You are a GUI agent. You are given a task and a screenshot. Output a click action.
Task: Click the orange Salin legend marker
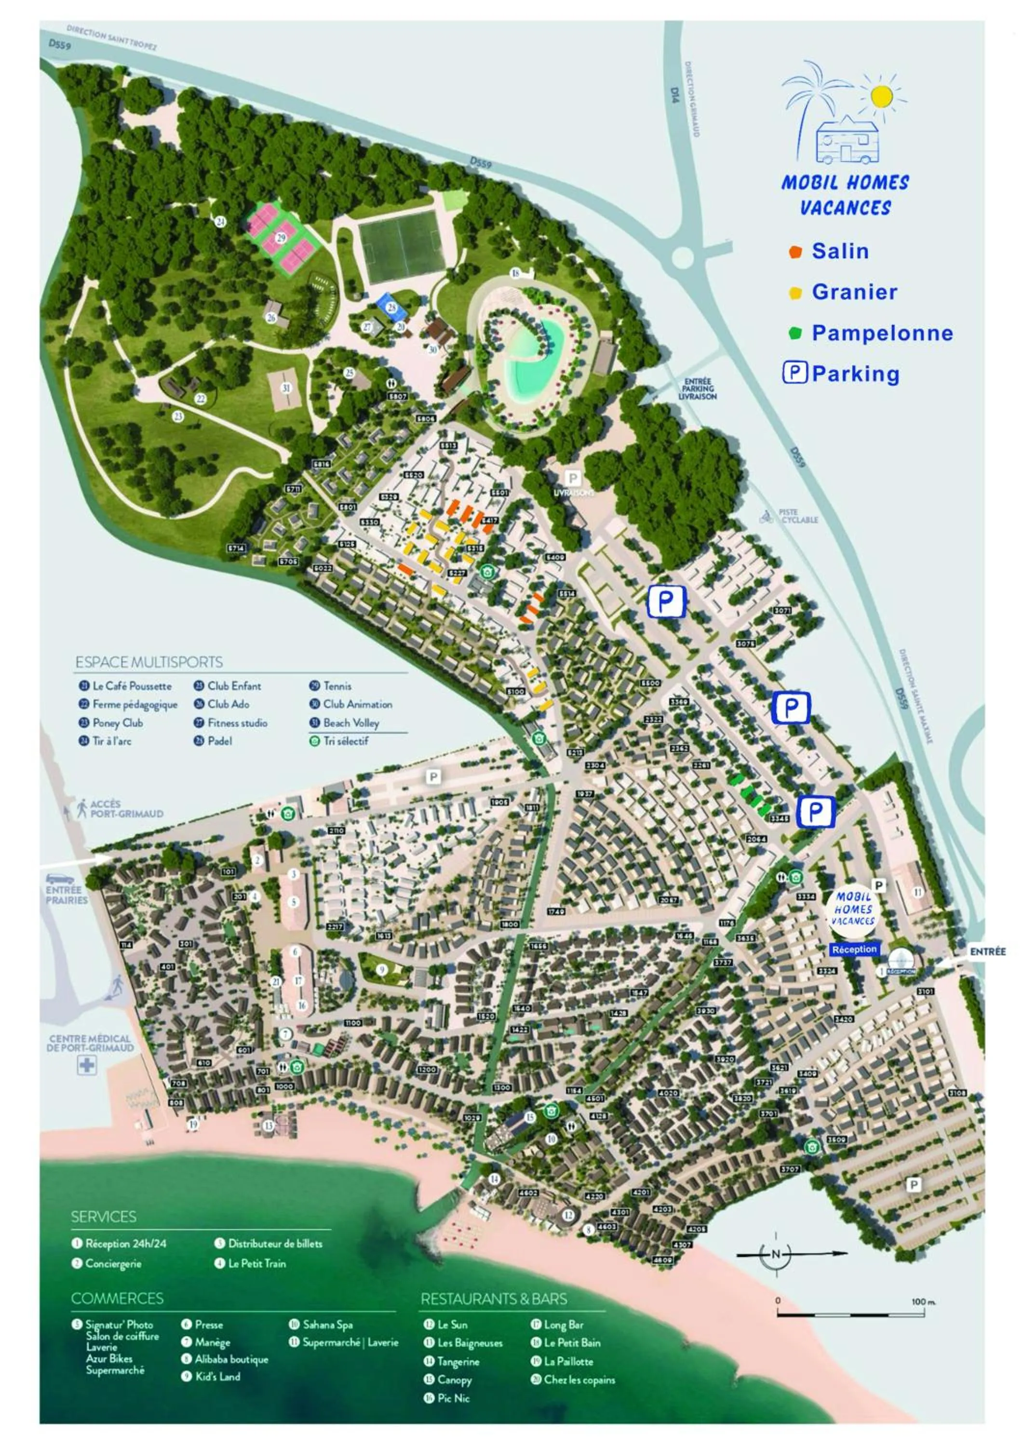[x=795, y=252]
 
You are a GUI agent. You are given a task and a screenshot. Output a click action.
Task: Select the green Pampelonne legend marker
[x=795, y=333]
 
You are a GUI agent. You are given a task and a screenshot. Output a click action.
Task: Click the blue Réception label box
[x=854, y=949]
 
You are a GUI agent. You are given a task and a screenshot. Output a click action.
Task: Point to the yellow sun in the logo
[x=881, y=96]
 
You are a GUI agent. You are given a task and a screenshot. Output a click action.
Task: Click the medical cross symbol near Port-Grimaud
[x=87, y=1066]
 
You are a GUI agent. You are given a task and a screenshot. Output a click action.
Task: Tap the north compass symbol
[x=775, y=1254]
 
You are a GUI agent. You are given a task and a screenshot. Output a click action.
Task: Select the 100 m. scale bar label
[x=923, y=1300]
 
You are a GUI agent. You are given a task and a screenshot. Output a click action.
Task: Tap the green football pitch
[x=401, y=246]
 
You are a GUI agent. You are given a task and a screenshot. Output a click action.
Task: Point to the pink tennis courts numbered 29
[x=281, y=238]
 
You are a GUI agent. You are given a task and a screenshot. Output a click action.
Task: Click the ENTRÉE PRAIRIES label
[x=67, y=895]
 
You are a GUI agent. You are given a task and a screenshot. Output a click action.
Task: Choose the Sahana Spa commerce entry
[x=327, y=1325]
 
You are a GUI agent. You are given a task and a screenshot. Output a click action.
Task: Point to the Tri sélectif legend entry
[x=345, y=741]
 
